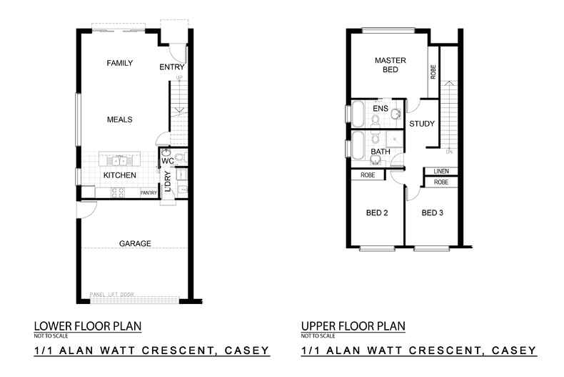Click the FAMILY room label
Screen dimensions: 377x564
click(120, 64)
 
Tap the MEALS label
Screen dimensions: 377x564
click(120, 119)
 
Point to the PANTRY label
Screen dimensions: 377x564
click(148, 192)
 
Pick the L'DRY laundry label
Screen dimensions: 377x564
click(168, 182)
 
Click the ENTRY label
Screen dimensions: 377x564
click(172, 67)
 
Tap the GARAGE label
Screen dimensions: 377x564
click(135, 244)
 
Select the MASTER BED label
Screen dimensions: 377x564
click(386, 66)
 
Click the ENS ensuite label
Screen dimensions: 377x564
click(380, 109)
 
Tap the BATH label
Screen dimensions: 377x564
click(380, 152)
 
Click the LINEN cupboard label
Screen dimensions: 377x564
click(441, 172)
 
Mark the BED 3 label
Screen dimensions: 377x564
click(432, 212)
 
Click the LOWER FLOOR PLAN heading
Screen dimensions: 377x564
click(87, 326)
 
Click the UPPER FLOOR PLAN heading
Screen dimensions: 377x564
click(353, 326)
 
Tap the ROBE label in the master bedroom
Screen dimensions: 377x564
click(433, 72)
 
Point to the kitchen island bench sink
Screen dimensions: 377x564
click(119, 159)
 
